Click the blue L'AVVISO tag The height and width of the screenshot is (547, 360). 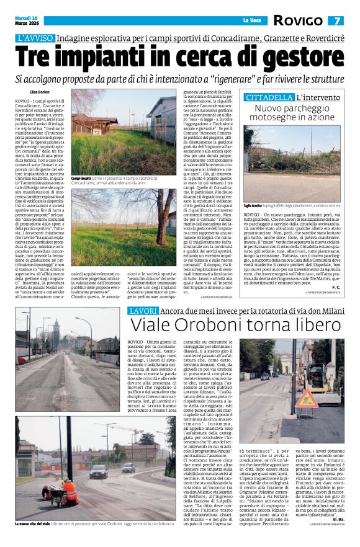tap(37, 38)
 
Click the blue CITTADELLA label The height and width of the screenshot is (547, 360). tap(269, 97)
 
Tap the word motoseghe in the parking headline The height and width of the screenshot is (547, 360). tap(278, 117)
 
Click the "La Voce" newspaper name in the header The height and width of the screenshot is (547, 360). tap(252, 20)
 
